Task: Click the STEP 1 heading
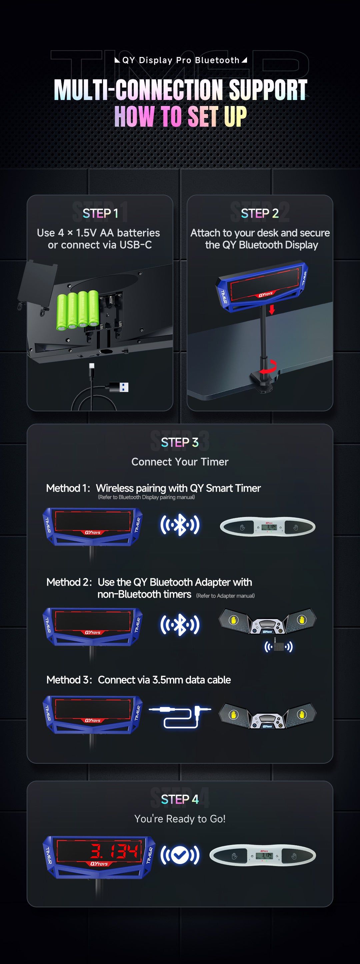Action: (100, 213)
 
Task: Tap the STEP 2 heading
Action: (260, 213)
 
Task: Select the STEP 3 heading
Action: (180, 442)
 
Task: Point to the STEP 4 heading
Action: (180, 799)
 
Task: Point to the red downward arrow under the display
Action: (272, 309)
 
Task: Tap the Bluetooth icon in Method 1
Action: (180, 525)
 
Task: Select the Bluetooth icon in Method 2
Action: (180, 625)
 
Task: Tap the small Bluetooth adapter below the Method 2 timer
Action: (278, 646)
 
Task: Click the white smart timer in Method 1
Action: (268, 527)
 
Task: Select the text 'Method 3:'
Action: (69, 680)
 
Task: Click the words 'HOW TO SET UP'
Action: (180, 116)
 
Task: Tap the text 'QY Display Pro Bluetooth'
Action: (180, 60)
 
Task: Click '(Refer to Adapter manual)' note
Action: (225, 596)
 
